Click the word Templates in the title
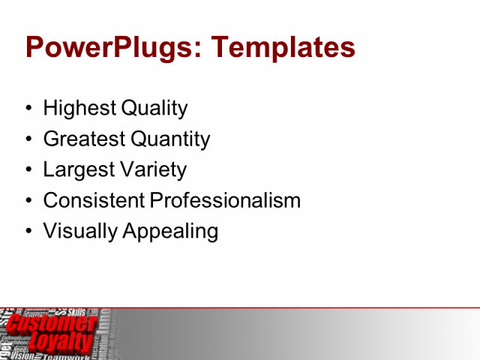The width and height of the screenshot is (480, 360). (283, 48)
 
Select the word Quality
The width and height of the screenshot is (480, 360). (153, 109)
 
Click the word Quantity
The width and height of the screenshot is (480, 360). (170, 139)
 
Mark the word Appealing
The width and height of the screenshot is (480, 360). (169, 232)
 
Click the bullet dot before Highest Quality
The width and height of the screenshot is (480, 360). (29, 109)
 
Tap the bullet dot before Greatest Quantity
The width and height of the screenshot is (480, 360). (29, 140)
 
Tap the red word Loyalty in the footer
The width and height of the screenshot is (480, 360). (60, 343)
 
